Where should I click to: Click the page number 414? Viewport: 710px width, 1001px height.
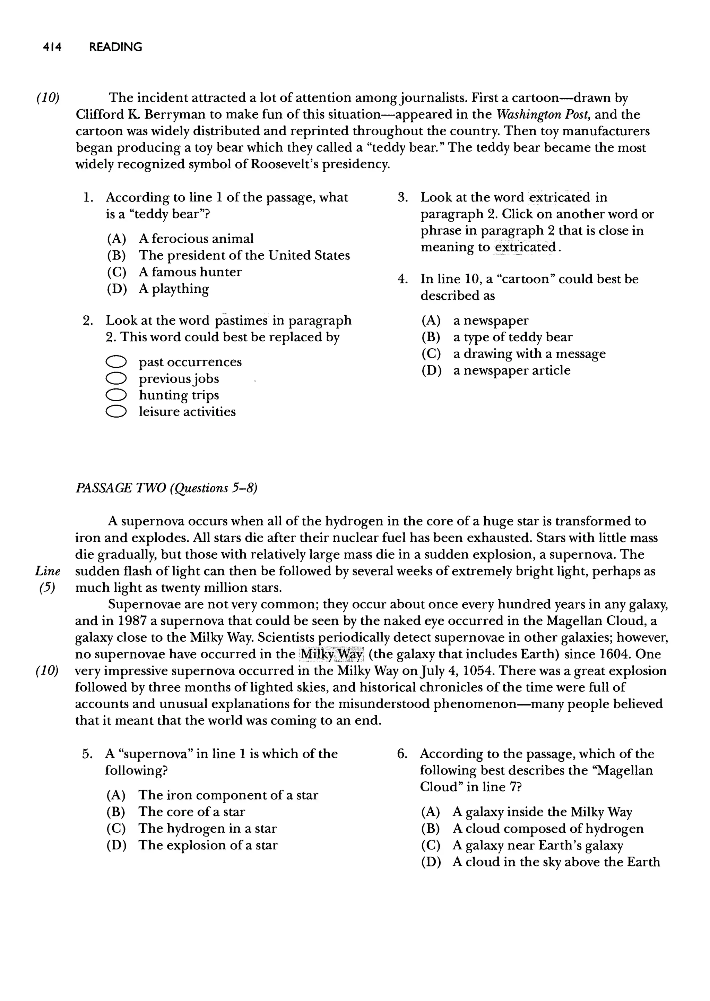click(52, 47)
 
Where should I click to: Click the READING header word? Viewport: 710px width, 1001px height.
click(115, 47)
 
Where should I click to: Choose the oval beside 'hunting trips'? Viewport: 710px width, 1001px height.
click(116, 395)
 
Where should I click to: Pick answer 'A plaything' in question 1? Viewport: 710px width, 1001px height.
click(174, 289)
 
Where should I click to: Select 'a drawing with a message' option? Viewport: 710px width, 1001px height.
click(529, 353)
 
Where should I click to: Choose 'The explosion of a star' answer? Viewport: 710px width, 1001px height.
click(208, 845)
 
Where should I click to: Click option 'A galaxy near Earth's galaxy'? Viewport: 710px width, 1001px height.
click(537, 845)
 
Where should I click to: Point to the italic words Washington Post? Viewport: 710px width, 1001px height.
click(544, 114)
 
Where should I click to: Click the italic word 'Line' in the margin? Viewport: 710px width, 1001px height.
click(47, 571)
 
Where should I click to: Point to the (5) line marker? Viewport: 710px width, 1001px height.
click(47, 588)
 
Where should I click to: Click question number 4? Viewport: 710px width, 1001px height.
click(402, 279)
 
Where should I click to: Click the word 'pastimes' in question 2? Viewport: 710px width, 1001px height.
click(241, 320)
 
